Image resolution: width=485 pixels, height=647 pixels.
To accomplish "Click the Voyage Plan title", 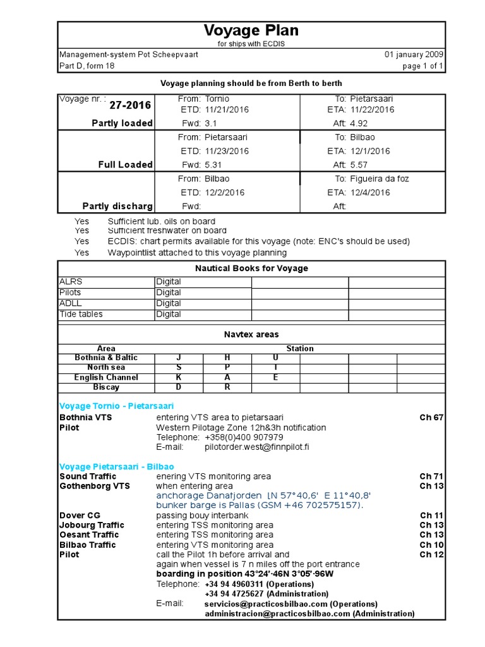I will [251, 30].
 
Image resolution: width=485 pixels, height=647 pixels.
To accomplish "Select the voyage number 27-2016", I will [130, 106].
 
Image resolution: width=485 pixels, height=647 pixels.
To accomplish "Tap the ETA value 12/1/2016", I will [369, 151].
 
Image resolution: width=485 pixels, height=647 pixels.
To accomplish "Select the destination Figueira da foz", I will [381, 179].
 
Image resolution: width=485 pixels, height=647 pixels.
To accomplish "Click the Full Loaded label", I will [125, 164].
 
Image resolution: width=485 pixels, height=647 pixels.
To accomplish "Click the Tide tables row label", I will [81, 314].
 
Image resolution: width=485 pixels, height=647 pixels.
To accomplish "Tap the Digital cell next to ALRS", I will [169, 281].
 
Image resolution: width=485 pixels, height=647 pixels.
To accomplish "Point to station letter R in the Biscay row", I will [227, 387].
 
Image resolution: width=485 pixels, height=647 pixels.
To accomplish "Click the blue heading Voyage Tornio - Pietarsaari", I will [116, 406].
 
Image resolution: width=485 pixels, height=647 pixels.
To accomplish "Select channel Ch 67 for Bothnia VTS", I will [431, 417].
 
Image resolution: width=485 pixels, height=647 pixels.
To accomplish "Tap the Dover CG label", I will [80, 516].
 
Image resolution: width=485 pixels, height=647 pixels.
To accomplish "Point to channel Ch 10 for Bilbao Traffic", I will [431, 545].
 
